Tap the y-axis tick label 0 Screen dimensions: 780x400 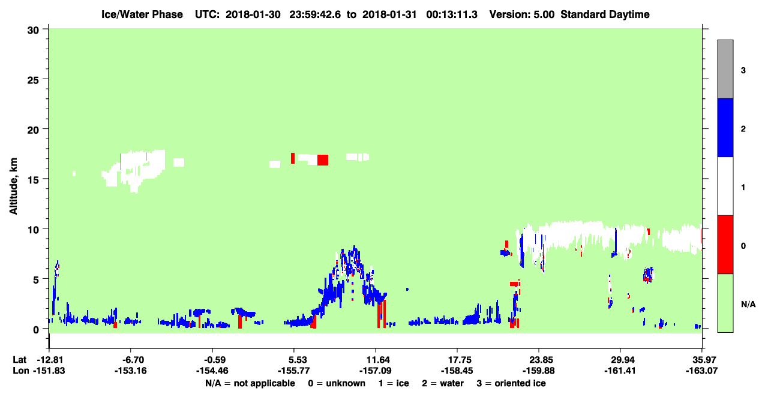pyautogui.click(x=36, y=330)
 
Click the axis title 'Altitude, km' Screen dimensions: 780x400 pyautogui.click(x=13, y=187)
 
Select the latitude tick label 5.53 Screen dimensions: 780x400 pyautogui.click(x=293, y=360)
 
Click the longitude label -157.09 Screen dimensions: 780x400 pyautogui.click(x=376, y=371)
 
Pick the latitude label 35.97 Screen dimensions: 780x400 pyautogui.click(x=701, y=360)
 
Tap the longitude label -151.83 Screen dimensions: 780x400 pyautogui.click(x=49, y=371)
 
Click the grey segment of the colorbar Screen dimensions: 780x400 pyautogui.click(x=725, y=69)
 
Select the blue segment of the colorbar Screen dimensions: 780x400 pyautogui.click(x=725, y=127)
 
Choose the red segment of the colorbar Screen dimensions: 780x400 pyautogui.click(x=725, y=245)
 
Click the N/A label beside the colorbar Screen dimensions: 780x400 pyautogui.click(x=748, y=305)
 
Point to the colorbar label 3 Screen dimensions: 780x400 pyautogui.click(x=743, y=71)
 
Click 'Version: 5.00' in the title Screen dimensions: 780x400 pyautogui.click(x=522, y=14)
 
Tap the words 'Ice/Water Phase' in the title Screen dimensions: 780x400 pyautogui.click(x=142, y=14)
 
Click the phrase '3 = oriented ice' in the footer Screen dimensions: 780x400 pyautogui.click(x=511, y=384)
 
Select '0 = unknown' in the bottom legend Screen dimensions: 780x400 pyautogui.click(x=337, y=384)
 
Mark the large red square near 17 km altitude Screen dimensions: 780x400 pyautogui.click(x=322, y=160)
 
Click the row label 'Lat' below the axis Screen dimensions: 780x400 pyautogui.click(x=19, y=360)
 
